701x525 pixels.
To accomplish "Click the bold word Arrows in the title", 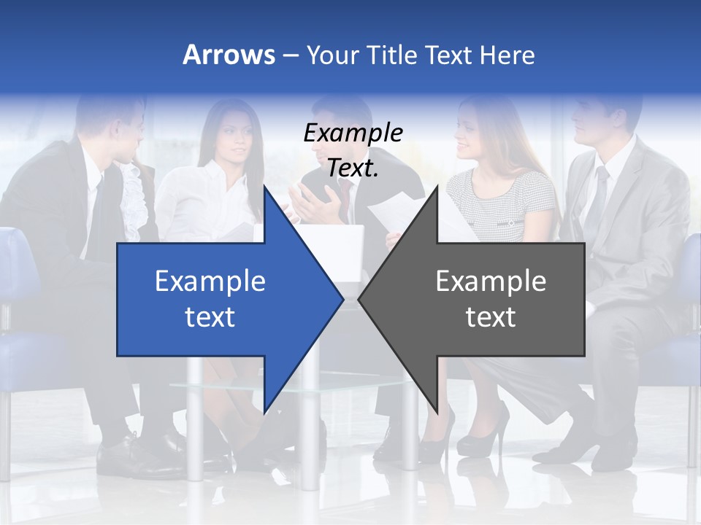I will (x=229, y=55).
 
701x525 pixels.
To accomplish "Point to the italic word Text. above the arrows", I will (x=353, y=168).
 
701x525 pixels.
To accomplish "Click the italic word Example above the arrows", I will (x=353, y=133).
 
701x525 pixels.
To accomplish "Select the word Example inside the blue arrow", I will (x=210, y=281).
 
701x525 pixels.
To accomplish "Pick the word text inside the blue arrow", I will (x=210, y=317).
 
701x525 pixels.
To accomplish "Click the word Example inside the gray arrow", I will (x=491, y=281).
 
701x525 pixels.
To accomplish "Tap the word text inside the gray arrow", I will (x=491, y=317).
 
